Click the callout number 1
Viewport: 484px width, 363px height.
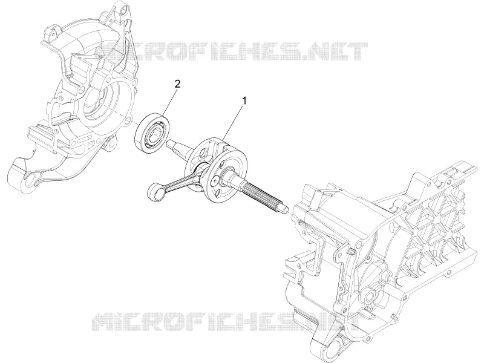point(244,100)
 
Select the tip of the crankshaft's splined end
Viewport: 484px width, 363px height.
point(287,209)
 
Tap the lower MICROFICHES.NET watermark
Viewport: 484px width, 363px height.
point(229,322)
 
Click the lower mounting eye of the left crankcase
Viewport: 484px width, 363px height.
point(28,180)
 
